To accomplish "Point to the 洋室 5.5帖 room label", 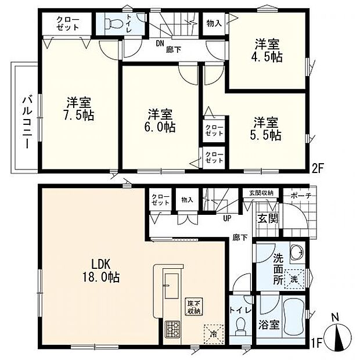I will [x=267, y=128].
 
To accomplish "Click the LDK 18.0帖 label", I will [x=101, y=270].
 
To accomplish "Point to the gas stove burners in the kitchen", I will [x=172, y=329].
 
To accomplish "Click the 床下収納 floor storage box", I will [x=193, y=305].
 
